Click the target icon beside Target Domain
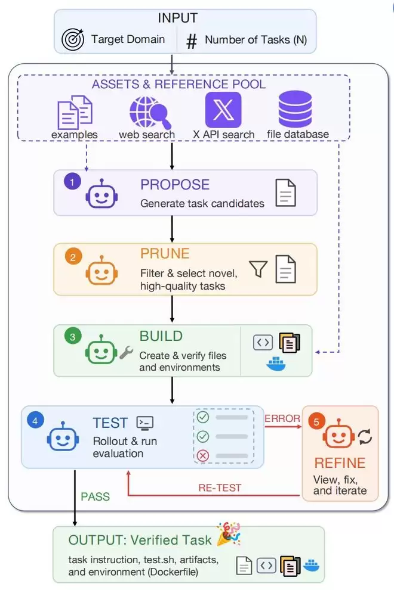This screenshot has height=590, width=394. click(73, 39)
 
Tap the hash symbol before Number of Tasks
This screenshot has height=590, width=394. click(192, 41)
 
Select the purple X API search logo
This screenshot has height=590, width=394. click(223, 110)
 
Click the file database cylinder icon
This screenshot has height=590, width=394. click(295, 108)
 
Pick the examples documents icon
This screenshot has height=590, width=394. click(75, 113)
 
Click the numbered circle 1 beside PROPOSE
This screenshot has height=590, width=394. click(72, 182)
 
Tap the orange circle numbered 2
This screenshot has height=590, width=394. click(73, 257)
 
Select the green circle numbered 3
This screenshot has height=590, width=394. click(73, 336)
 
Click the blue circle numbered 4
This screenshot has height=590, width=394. click(35, 420)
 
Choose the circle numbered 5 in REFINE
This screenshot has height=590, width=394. click(317, 421)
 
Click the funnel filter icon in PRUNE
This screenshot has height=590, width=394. click(258, 269)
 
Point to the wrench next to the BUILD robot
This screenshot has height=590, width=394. click(127, 353)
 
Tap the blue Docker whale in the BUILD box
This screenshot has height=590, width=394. click(276, 364)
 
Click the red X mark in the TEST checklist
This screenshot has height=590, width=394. click(203, 456)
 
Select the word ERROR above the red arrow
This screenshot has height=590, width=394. click(282, 418)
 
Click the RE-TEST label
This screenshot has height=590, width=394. click(220, 487)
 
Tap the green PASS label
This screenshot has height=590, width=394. click(96, 496)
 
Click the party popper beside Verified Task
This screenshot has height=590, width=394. click(229, 534)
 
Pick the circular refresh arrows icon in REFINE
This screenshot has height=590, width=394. click(365, 436)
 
